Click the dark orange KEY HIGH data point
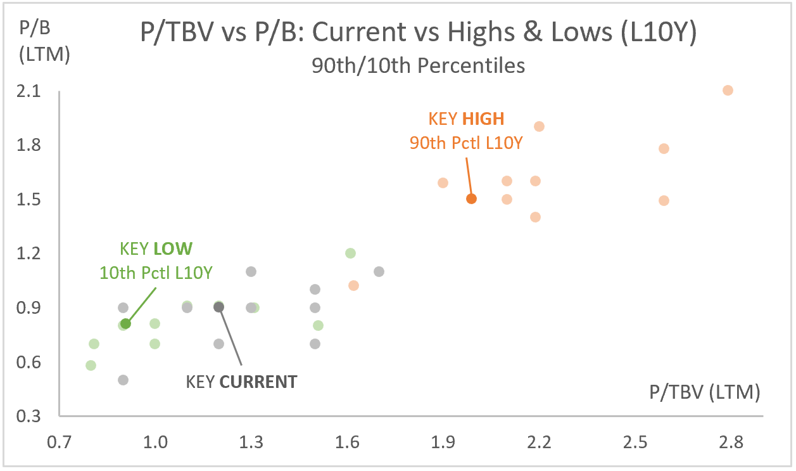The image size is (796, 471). point(471,198)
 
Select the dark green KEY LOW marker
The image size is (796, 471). point(125,324)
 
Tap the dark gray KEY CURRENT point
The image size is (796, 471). point(219,307)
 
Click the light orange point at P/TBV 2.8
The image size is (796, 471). point(728,90)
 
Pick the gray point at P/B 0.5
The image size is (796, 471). point(123,380)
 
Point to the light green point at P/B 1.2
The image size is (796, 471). point(350,253)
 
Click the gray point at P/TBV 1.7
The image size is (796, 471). point(379,271)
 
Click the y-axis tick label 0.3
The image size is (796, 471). point(30,416)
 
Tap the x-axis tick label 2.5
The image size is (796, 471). point(635,442)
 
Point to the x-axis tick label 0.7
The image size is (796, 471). point(59,442)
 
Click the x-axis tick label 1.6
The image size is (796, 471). point(348,442)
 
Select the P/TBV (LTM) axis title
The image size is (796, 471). point(704,392)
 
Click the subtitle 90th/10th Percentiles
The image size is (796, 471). point(418,65)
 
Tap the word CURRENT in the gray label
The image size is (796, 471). point(259,382)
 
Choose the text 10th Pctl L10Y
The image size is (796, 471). point(156,273)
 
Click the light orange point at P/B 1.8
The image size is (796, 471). point(664,148)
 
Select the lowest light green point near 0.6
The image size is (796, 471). point(91,365)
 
